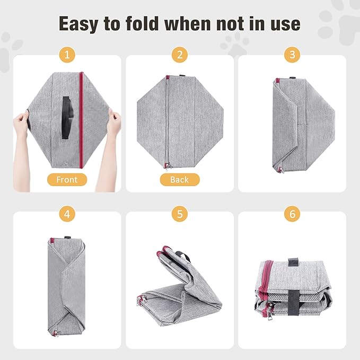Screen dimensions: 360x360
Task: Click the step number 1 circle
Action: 67,55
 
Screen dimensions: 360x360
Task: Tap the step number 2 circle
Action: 180,55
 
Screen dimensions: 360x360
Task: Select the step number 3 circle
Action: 292,55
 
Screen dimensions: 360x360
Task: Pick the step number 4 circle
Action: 67,215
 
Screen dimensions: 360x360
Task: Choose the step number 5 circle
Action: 180,215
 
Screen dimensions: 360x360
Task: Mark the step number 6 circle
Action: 292,215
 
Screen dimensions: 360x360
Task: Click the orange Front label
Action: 67,179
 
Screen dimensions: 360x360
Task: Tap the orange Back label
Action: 180,179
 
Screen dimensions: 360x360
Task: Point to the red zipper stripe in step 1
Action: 81,117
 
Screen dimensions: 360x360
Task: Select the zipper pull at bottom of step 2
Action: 168,167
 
